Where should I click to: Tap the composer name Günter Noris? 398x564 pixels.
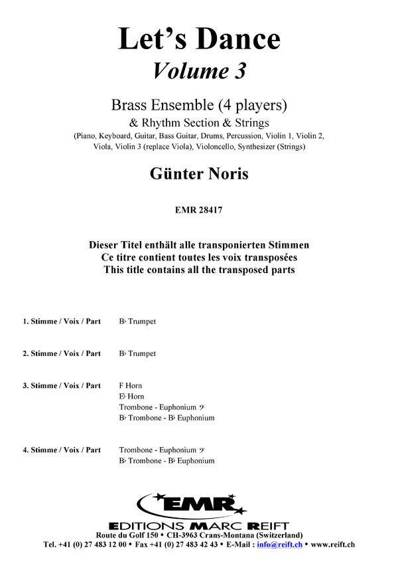pos(199,175)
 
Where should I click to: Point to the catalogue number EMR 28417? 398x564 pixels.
pos(199,212)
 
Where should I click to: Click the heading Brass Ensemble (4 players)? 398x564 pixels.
pos(199,105)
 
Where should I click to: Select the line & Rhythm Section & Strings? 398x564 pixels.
pos(199,122)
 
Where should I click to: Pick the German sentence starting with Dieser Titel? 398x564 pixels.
pos(199,245)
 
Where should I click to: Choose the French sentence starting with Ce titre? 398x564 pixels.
pos(199,257)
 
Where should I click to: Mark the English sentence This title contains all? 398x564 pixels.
pos(199,270)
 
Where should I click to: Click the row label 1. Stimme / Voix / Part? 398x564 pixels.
pos(62,322)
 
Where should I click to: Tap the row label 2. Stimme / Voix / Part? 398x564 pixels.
pos(62,353)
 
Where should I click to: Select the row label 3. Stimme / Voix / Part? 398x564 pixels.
pos(62,386)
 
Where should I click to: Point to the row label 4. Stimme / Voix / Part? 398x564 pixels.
pos(62,450)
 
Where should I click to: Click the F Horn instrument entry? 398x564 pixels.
pos(131,386)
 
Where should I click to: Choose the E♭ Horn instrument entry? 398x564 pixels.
pos(131,397)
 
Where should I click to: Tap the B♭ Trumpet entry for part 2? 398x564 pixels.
pos(137,353)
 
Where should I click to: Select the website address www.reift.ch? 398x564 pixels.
pos(332,544)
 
